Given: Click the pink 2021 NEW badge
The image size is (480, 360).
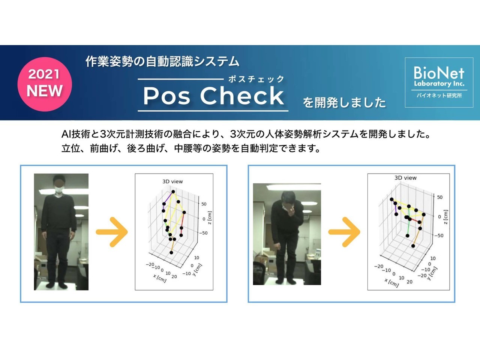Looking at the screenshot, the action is point(45,84).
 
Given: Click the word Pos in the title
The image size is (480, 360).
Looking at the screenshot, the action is point(166,96).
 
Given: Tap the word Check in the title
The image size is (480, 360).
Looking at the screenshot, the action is point(242,95).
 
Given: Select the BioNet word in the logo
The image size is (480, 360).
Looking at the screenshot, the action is point(439,73).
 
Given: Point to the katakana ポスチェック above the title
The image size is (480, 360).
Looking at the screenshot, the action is point(256,79).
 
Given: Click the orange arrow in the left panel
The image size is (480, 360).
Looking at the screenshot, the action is point(112,232).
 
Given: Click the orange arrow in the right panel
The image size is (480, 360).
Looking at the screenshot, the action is point(344,232).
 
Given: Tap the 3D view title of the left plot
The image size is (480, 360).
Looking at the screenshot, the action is point(172,181).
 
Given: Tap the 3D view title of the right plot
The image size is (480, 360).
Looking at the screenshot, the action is point(405,178).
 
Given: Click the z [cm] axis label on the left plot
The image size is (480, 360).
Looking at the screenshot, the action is point(210,218).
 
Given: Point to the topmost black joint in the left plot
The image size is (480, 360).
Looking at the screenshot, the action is point(173,192).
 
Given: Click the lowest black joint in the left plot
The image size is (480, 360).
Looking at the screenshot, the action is point(171,253).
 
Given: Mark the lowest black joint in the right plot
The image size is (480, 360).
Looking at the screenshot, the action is point(413,246).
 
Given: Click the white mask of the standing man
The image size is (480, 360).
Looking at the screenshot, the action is point(58,190).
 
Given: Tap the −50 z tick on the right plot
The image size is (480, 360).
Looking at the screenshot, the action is point(439,235).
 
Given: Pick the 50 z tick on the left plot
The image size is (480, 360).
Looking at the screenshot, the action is point(204,204).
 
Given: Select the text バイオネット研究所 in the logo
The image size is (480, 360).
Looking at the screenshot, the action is point(439,96).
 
